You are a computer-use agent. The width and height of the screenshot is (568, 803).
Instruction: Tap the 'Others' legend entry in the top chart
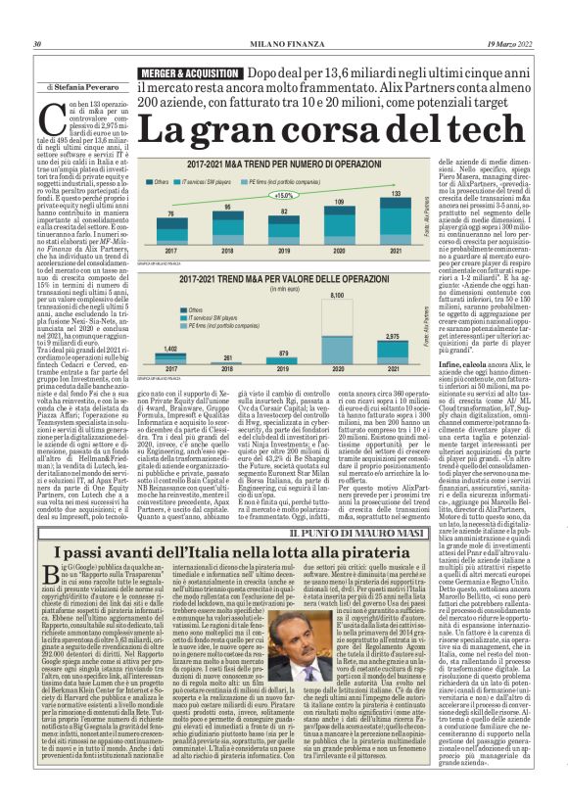(161, 181)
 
